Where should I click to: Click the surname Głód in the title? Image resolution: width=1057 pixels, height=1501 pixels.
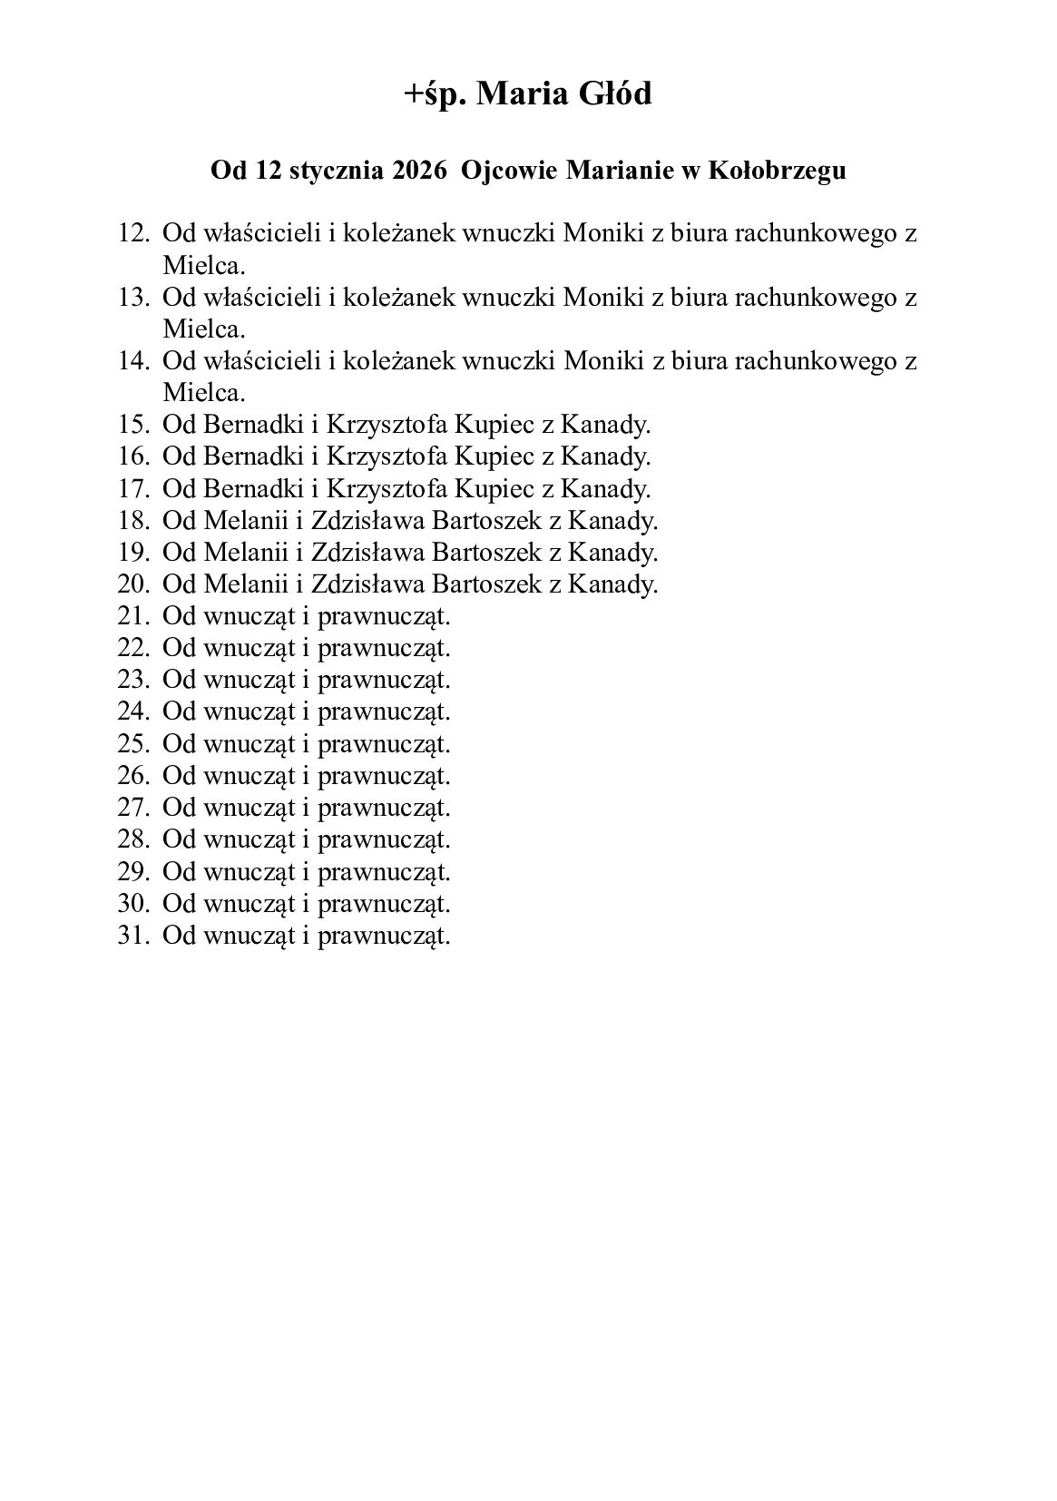tap(610, 93)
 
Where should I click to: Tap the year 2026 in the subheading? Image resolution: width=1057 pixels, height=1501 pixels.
tap(420, 171)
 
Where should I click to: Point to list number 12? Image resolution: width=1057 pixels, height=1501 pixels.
tap(132, 233)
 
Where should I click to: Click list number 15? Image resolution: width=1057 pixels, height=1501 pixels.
tap(132, 425)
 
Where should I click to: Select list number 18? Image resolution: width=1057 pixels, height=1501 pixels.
tap(132, 521)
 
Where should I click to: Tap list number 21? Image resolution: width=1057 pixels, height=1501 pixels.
tap(132, 616)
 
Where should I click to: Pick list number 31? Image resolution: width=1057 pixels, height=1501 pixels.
tap(132, 936)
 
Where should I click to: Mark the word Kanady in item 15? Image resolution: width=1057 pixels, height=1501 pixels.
tap(604, 425)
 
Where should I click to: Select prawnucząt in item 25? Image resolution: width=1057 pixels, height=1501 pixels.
tap(384, 744)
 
